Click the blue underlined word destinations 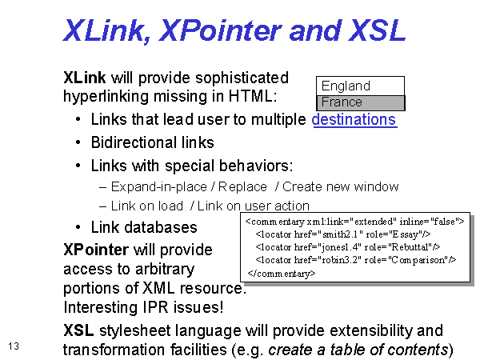click(x=354, y=119)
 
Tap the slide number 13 click(x=14, y=346)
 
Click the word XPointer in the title click(x=220, y=30)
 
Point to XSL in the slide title click(x=377, y=30)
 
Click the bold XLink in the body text click(x=85, y=78)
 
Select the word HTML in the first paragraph click(x=253, y=96)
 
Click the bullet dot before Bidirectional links click(x=78, y=142)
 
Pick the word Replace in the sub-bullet click(x=242, y=186)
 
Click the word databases click(x=161, y=227)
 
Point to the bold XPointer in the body click(x=96, y=250)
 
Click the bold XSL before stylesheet click(x=78, y=330)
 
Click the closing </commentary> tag click(x=282, y=273)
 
